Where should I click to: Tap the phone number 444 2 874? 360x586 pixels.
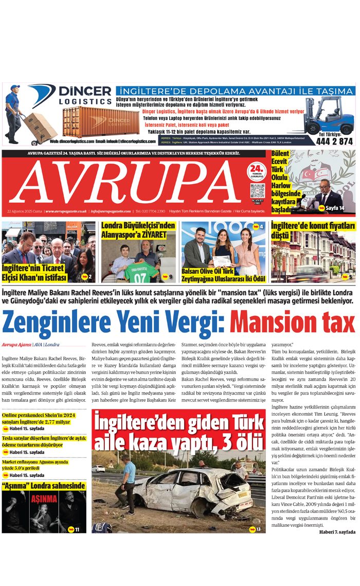(x=334, y=141)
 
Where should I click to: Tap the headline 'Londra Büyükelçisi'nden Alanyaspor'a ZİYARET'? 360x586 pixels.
(x=138, y=230)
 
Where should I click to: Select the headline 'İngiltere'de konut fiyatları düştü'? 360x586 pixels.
(x=313, y=230)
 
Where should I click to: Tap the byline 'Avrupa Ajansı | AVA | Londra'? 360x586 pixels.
(x=30, y=345)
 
